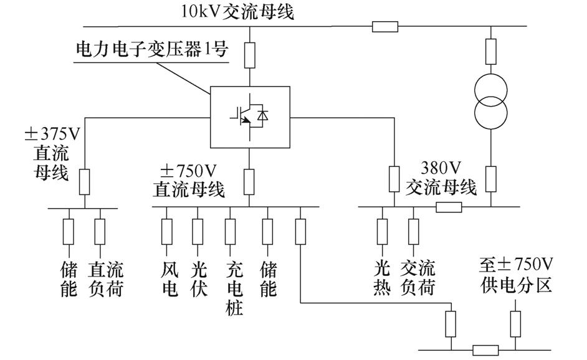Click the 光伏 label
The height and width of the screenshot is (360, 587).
tap(199, 279)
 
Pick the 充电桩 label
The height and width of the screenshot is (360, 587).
tap(232, 288)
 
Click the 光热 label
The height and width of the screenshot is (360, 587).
tap(382, 279)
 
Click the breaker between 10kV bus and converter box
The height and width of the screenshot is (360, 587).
tap(249, 55)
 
